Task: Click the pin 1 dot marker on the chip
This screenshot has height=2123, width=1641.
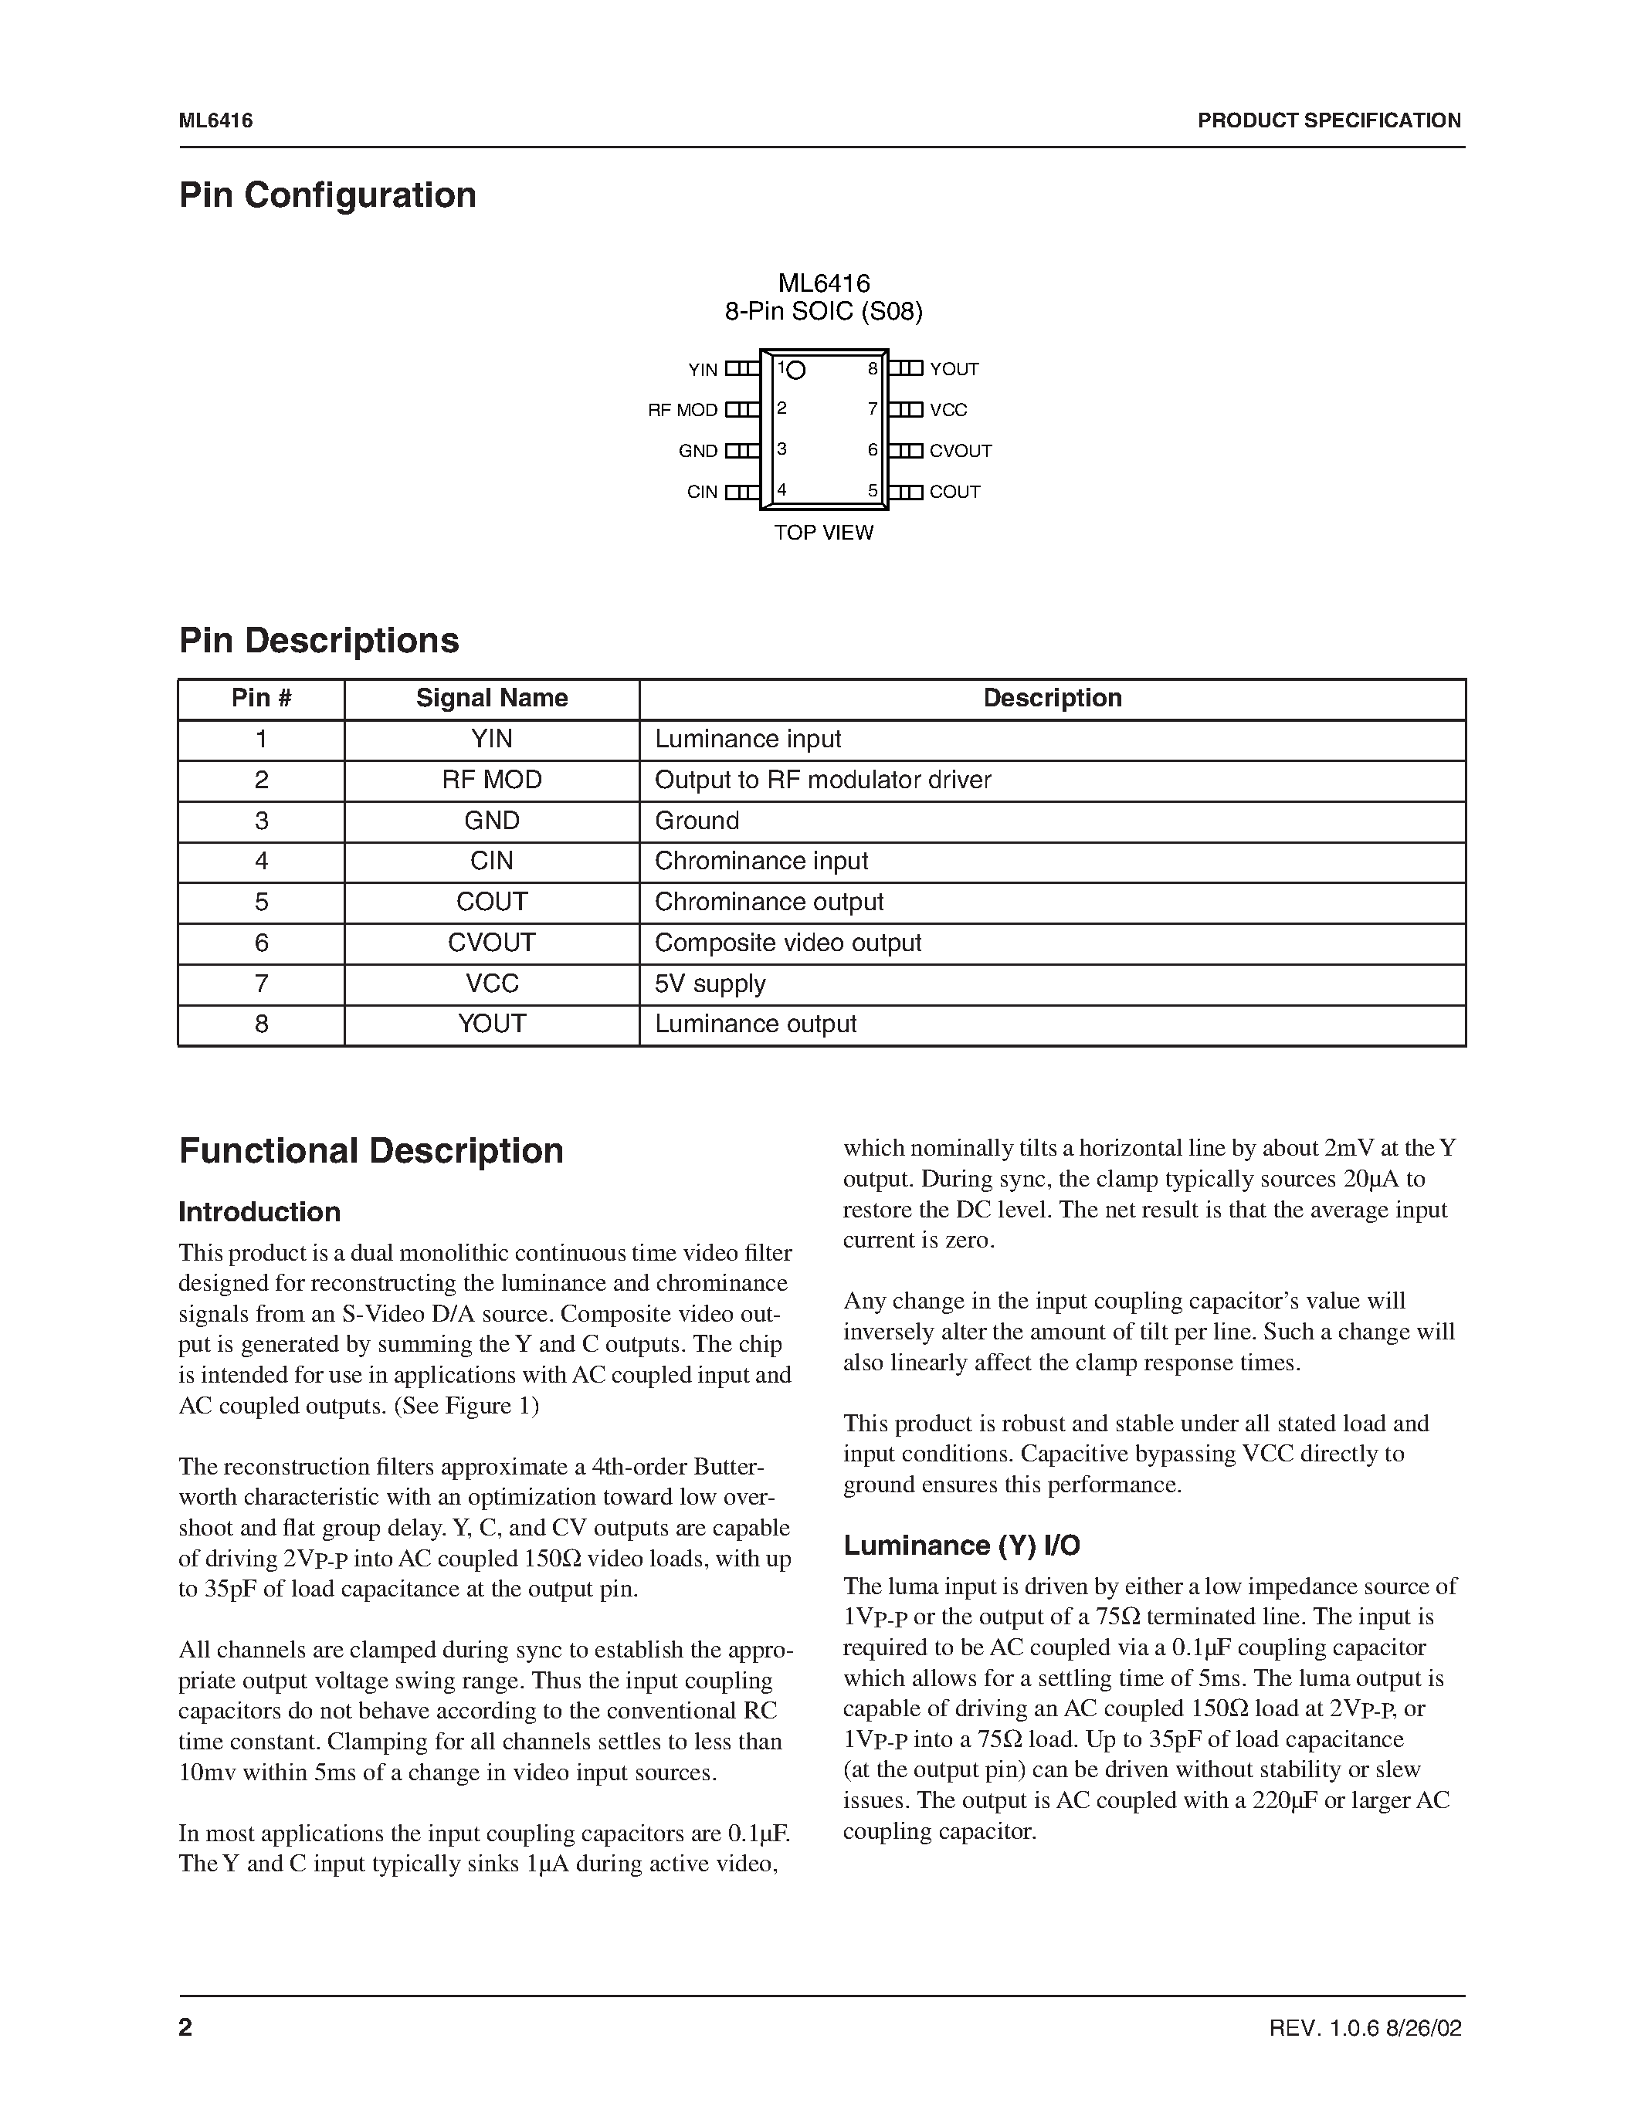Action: pos(796,371)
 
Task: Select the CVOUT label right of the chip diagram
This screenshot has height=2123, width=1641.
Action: pos(961,451)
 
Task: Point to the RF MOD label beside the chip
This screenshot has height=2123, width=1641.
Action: pos(683,410)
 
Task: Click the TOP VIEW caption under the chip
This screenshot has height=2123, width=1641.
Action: pos(823,533)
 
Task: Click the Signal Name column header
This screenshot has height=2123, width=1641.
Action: pos(492,698)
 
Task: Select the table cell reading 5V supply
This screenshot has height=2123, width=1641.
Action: pos(710,984)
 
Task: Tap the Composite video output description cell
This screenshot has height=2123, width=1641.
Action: pos(788,943)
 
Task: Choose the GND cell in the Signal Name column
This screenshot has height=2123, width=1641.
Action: pos(492,821)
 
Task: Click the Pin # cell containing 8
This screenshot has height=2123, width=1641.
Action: pos(262,1024)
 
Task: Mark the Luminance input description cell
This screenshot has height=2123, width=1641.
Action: pos(748,739)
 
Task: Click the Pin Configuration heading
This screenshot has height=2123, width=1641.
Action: pos(327,195)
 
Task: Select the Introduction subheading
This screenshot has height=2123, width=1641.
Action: pos(259,1212)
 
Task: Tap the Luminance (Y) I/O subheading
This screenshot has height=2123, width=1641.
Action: pos(961,1546)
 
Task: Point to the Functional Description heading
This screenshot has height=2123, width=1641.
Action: pos(371,1151)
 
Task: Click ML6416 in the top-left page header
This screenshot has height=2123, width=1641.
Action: pos(215,120)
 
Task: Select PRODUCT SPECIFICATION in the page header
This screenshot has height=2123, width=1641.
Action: pos(1329,120)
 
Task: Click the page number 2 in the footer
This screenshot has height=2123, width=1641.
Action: pos(185,2028)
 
